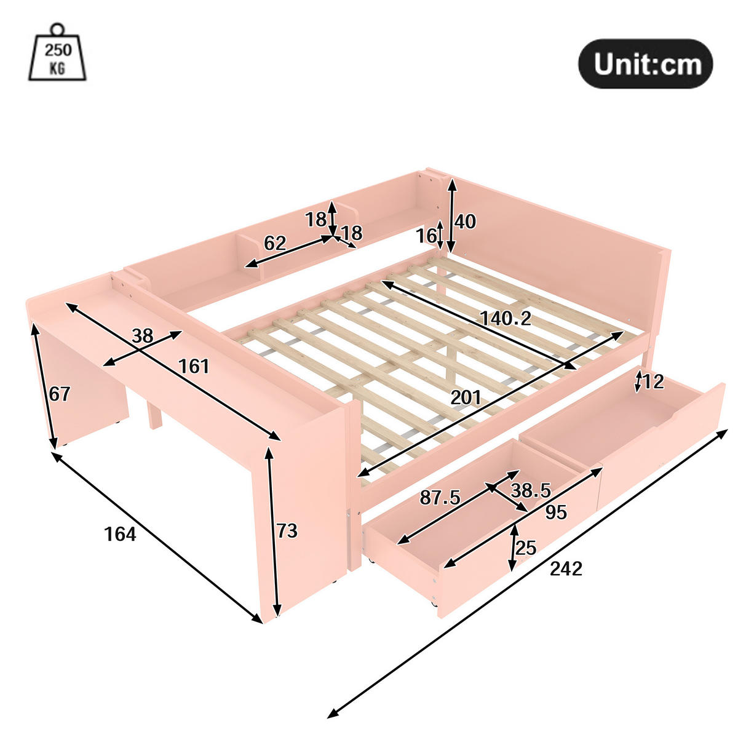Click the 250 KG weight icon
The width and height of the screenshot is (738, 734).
[x=57, y=52]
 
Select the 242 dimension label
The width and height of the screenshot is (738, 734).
[x=566, y=568]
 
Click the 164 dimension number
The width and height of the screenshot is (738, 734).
[x=120, y=534]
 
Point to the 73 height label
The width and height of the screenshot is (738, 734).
[x=287, y=531]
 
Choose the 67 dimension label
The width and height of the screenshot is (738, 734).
[x=60, y=394]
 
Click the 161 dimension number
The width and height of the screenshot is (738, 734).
[x=194, y=366]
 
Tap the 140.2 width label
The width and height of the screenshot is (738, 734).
[x=506, y=318]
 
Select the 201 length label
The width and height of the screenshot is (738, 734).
[x=466, y=397]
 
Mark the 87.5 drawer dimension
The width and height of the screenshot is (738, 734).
[x=440, y=498]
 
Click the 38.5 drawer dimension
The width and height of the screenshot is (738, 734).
[x=531, y=490]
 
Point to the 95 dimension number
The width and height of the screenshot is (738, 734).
[x=556, y=512]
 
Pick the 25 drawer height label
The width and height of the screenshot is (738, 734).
[x=526, y=548]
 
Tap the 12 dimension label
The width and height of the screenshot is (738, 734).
[x=653, y=381]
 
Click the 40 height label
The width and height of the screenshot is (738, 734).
[x=466, y=221]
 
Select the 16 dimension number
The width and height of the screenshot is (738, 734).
[x=426, y=236]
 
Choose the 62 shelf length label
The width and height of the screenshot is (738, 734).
[x=275, y=243]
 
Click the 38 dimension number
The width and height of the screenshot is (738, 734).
[x=143, y=336]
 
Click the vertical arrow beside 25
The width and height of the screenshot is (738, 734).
[x=514, y=548]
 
